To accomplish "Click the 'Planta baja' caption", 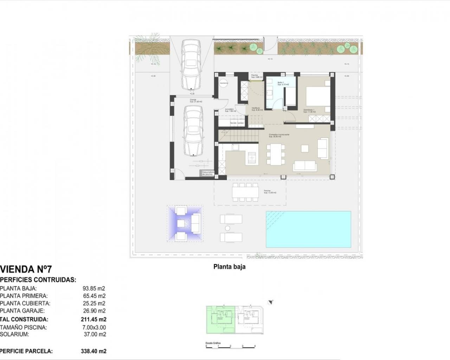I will coord(229,267).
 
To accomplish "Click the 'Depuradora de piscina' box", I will coord(207,173).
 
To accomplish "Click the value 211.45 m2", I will coord(94,320).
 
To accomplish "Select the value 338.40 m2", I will coord(94,351).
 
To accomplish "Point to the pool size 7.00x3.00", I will coord(94,327).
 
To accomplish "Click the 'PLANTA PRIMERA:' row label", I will coord(24,296).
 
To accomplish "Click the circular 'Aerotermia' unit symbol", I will coord(223,83).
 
